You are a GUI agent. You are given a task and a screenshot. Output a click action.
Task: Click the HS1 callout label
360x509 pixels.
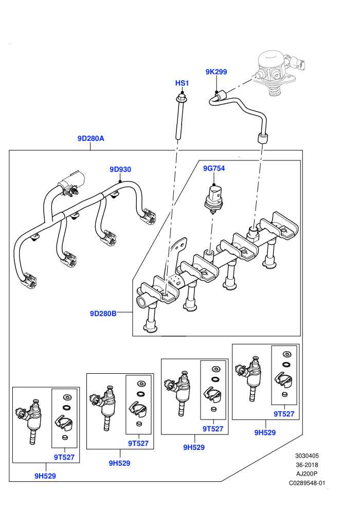(182, 83)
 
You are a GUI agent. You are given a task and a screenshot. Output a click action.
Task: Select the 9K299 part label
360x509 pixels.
(216, 72)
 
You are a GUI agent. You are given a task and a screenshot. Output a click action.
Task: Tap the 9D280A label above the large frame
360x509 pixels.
(91, 138)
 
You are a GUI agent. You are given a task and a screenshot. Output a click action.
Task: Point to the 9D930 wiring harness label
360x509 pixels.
(120, 169)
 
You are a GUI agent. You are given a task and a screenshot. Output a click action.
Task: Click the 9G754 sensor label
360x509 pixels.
(214, 168)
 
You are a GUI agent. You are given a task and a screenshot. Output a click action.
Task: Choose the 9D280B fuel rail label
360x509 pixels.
(103, 314)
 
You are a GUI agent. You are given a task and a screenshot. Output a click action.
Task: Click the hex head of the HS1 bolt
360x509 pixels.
(181, 97)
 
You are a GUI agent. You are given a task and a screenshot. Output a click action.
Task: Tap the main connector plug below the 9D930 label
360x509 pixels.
(71, 183)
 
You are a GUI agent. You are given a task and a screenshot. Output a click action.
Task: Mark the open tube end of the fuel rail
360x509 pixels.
(141, 302)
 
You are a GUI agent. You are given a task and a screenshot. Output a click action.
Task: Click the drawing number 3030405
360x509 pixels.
(307, 456)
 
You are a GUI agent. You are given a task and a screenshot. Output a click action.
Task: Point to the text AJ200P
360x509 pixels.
(307, 474)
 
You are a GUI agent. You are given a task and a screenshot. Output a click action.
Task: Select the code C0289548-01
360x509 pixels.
(307, 483)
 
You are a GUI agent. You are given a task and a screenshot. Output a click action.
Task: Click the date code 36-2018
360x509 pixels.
(307, 465)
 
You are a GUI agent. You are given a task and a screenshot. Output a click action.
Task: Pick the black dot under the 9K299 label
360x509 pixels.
(217, 92)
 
